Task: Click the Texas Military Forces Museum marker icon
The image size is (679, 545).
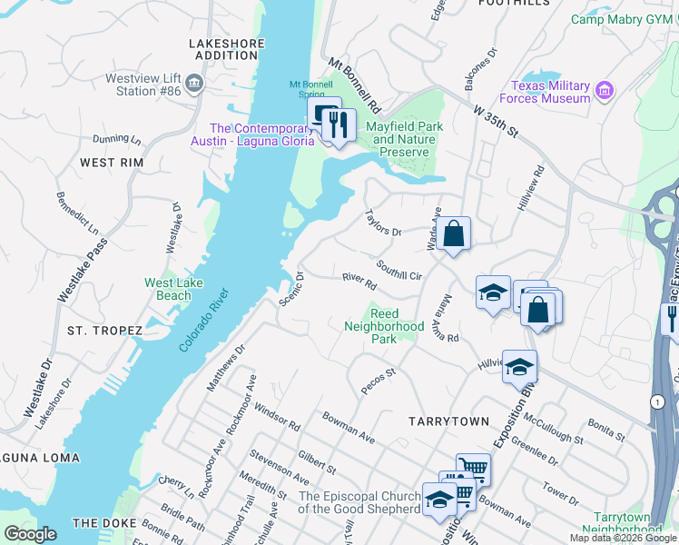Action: click(605, 91)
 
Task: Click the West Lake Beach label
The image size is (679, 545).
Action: click(173, 289)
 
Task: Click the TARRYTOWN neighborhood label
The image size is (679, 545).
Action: click(448, 421)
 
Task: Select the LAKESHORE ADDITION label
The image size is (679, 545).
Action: click(226, 49)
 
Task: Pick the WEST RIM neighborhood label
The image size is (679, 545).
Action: click(112, 163)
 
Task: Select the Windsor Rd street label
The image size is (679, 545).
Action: click(277, 418)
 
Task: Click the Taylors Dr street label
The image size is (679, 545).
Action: click(382, 223)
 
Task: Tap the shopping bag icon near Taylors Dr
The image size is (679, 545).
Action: click(453, 233)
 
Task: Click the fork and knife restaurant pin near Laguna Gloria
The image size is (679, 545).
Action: click(339, 125)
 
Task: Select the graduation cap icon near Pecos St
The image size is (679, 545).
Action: click(518, 366)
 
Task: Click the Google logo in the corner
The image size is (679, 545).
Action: click(30, 534)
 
